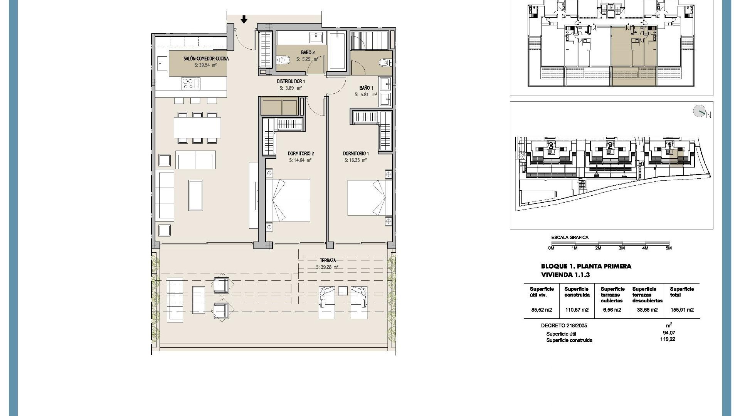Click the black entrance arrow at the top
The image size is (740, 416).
pos(244,19)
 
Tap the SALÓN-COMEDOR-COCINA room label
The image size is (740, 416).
pos(206,59)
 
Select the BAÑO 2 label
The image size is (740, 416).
pos(308,52)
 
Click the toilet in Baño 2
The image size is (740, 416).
pos(285,60)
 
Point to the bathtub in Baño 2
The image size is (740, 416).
pos(337,51)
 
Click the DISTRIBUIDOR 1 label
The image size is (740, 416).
pos(291,82)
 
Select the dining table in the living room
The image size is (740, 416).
pos(197,128)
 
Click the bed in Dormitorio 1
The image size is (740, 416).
pos(366,198)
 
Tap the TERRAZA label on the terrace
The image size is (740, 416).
pos(328,261)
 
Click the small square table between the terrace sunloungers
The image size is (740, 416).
pos(343,291)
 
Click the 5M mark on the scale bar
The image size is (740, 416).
pos(668,248)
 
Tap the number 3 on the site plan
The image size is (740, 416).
pos(551,146)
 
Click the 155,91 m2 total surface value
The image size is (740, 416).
pos(682,310)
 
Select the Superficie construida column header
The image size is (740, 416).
pos(577,292)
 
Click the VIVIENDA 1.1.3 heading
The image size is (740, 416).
pos(565,275)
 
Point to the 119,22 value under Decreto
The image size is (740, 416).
pos(668,339)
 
